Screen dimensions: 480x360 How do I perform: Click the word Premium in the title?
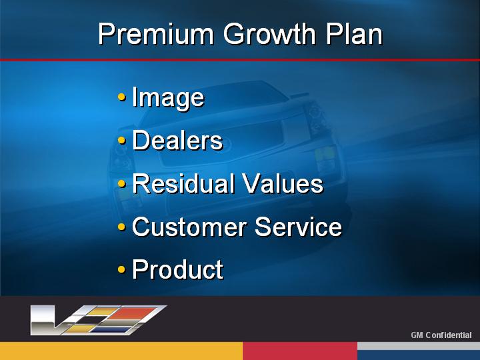point(156,34)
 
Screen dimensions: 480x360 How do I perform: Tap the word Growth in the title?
point(269,34)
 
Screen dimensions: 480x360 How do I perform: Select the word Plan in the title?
point(354,34)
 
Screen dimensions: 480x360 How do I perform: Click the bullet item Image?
point(168,98)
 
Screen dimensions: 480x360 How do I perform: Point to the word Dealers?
point(177,140)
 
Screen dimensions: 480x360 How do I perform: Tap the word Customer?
point(189,227)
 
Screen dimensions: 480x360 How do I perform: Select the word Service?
point(298,227)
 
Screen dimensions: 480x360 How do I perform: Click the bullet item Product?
point(178,269)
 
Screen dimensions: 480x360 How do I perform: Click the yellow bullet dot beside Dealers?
point(121,141)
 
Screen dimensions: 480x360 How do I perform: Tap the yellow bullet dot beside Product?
point(121,270)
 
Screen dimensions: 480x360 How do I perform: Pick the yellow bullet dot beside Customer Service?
point(121,227)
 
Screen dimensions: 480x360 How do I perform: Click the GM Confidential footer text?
point(441,335)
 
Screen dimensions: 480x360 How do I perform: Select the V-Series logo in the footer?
point(98,320)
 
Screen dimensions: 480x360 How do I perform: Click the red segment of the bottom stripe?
point(300,351)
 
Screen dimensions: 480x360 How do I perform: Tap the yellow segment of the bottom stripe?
point(121,351)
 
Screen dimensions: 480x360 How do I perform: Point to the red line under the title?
point(240,60)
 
